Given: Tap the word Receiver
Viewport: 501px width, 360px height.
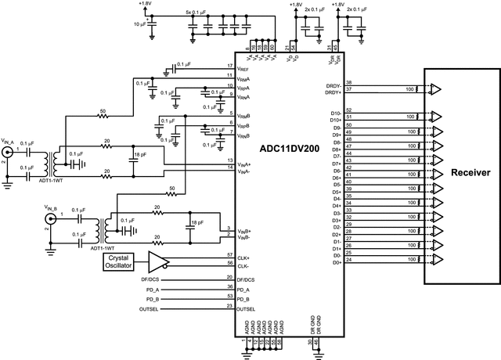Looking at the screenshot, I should [466, 173].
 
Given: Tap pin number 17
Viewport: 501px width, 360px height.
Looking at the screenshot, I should [229, 66].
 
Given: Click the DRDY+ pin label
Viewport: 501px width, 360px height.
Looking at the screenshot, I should [332, 92].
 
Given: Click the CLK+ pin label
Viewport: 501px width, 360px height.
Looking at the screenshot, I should [246, 257].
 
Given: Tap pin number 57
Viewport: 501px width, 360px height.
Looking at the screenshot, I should [229, 255].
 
